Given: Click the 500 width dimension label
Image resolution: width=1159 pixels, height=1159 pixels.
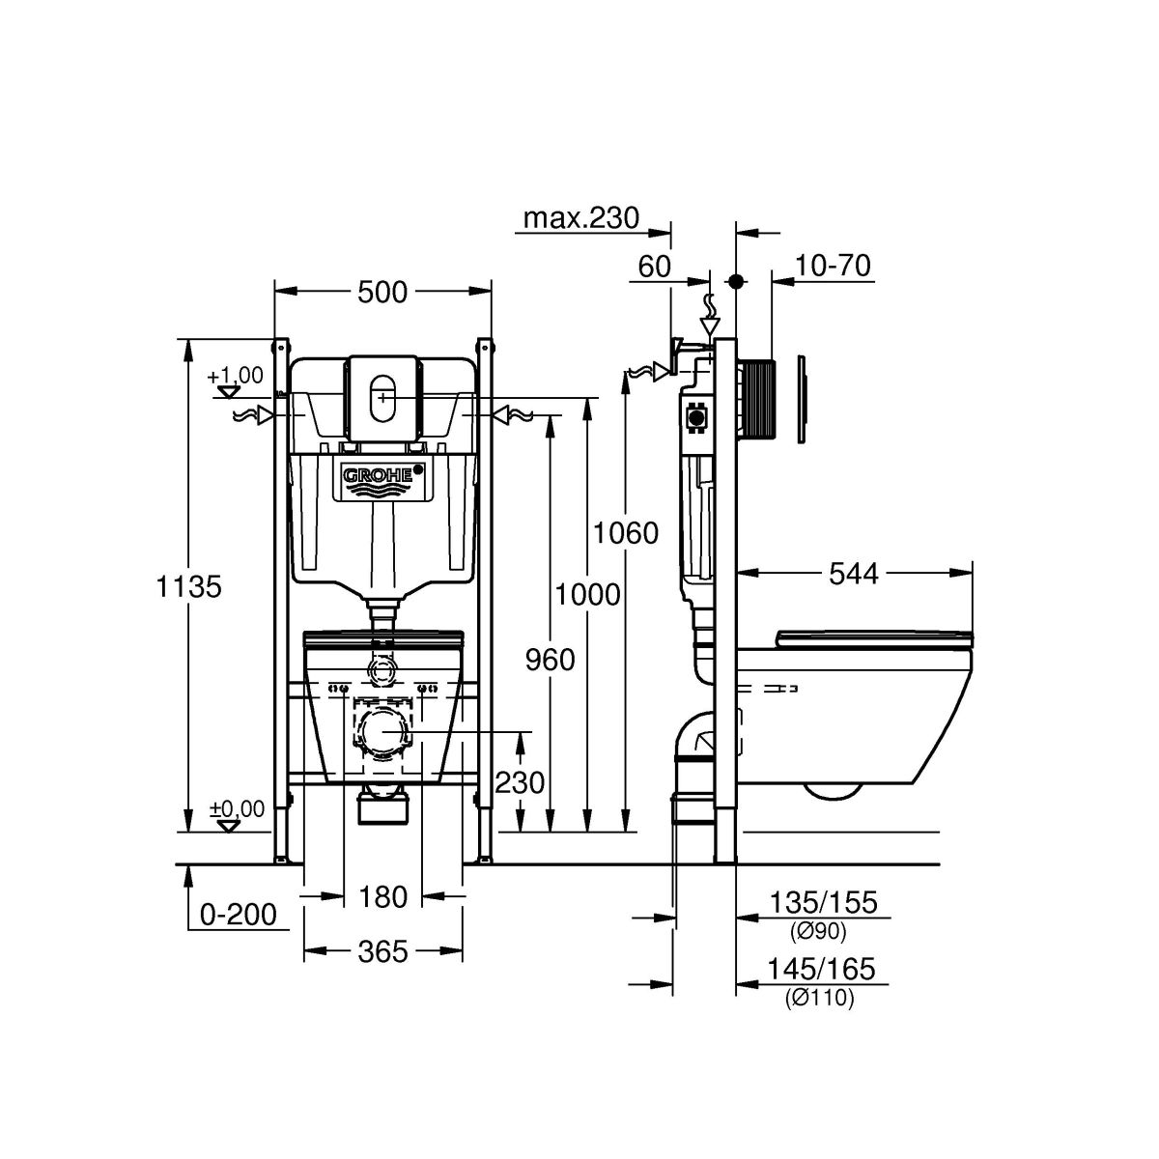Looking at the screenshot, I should click(x=382, y=291).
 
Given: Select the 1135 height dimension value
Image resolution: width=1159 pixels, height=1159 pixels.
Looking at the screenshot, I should click(x=189, y=585).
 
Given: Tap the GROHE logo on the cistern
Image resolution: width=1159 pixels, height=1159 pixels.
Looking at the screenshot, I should click(x=382, y=476).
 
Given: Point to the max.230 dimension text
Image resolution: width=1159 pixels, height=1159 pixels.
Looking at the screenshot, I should click(x=581, y=218).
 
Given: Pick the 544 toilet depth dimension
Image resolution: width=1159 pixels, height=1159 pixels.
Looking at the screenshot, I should click(x=854, y=574).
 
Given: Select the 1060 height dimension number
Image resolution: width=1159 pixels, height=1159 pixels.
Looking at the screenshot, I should click(x=626, y=532).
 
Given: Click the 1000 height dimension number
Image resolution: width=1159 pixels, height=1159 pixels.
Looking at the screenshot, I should click(x=588, y=594).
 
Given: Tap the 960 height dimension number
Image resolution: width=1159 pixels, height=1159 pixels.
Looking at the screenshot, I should click(x=550, y=660).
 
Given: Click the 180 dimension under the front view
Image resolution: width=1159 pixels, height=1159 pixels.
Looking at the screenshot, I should click(x=382, y=897).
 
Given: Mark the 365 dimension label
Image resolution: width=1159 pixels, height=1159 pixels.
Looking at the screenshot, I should click(x=382, y=951).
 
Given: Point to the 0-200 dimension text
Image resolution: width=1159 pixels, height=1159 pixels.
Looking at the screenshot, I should click(x=239, y=914).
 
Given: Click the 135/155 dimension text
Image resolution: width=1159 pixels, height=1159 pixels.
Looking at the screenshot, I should click(x=823, y=902).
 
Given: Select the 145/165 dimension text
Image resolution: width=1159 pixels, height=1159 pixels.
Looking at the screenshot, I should click(x=823, y=969).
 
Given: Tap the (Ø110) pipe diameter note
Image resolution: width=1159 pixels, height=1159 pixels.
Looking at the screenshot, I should click(x=820, y=1000).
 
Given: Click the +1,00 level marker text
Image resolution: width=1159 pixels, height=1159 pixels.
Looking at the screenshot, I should click(x=235, y=375).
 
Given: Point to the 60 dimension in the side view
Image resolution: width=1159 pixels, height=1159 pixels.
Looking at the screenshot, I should click(x=654, y=267).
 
